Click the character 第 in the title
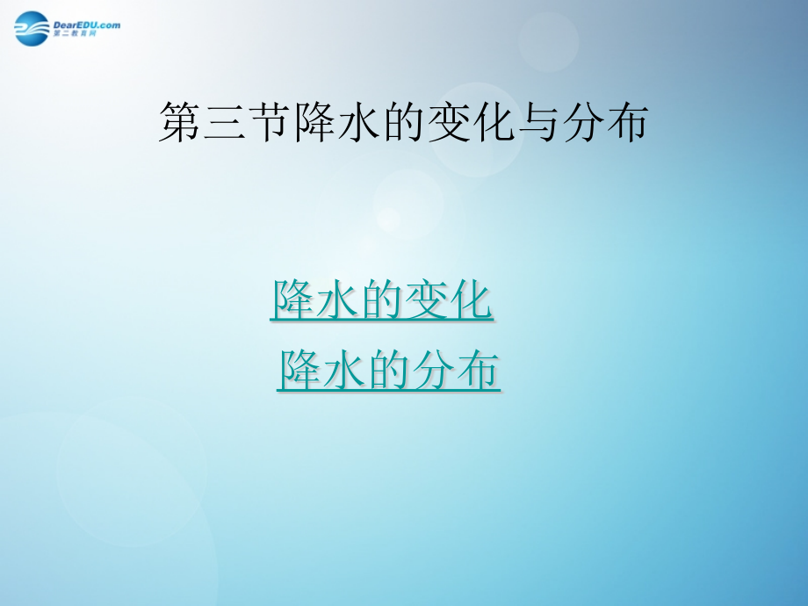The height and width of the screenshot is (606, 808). point(179,122)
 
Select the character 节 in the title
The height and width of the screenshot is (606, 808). point(268,122)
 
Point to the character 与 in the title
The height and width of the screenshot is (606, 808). point(536,122)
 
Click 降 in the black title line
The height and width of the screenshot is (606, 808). point(313,122)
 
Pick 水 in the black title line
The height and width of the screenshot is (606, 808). point(357,122)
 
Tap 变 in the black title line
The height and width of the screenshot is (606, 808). point(446,122)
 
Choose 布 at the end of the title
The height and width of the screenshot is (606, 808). point(625,122)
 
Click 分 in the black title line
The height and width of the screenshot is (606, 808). point(581,122)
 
